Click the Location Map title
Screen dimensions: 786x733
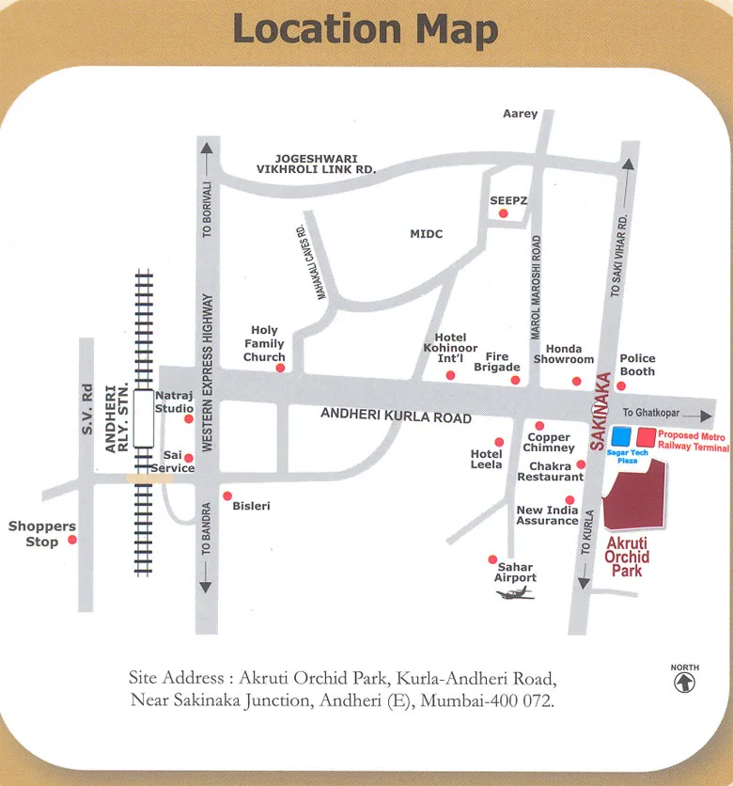coord(366,29)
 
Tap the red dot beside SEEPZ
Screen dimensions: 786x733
coord(504,213)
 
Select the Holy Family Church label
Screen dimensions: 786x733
coord(264,343)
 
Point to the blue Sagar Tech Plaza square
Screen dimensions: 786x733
coord(621,437)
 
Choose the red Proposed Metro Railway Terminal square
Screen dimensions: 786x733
coord(646,437)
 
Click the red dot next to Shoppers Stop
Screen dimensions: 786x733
coord(71,540)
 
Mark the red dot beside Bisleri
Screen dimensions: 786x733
coord(226,495)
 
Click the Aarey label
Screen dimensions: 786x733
coord(521,114)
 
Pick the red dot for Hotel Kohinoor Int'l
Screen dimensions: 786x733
coord(450,375)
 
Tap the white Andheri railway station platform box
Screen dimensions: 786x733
coord(144,417)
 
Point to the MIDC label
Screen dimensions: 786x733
coord(426,233)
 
